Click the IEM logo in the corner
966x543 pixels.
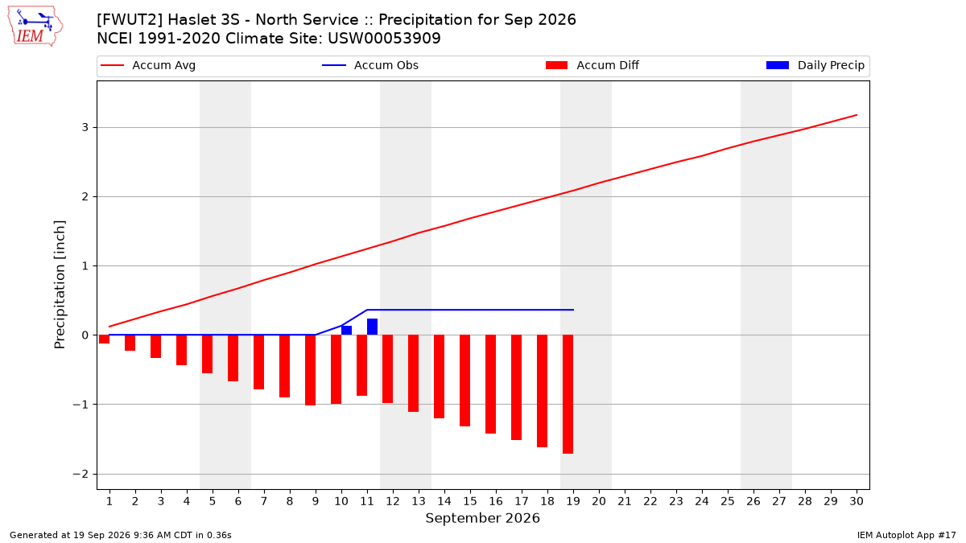click(x=35, y=27)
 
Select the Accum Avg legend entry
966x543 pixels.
click(x=148, y=65)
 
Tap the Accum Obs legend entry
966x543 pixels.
click(x=370, y=65)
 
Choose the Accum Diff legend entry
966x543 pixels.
click(x=592, y=65)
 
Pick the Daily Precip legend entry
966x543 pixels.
click(x=815, y=65)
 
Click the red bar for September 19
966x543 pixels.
click(x=568, y=394)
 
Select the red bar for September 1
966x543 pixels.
click(x=104, y=339)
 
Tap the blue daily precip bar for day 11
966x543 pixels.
click(x=372, y=327)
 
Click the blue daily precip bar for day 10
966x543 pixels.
click(x=346, y=331)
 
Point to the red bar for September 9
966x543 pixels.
click(x=310, y=370)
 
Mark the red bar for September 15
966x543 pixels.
click(x=465, y=381)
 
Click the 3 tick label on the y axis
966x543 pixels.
click(x=85, y=128)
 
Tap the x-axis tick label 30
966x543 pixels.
click(x=857, y=501)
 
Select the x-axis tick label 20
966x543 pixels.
click(x=599, y=501)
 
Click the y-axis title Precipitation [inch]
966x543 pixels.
click(x=60, y=285)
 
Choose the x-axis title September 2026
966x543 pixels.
click(x=482, y=518)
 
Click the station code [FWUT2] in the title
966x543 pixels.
click(x=130, y=20)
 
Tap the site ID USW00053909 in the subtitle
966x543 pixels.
click(x=384, y=39)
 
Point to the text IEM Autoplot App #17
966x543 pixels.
click(x=906, y=535)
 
